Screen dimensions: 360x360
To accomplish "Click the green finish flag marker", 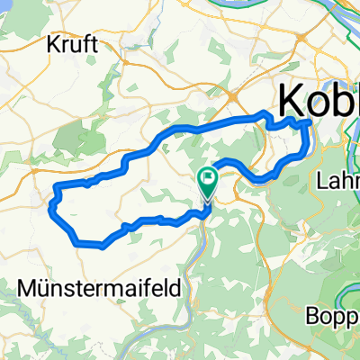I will tap(208, 182).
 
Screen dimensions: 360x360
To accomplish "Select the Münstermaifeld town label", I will tap(99, 287).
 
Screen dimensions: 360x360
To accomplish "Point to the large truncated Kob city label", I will tap(319, 96).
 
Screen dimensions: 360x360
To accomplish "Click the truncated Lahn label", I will tap(338, 181).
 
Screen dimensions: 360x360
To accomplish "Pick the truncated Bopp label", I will tap(332, 316).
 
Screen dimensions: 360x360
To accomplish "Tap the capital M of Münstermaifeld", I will tap(27, 287).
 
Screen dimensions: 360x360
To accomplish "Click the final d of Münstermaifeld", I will tap(174, 287).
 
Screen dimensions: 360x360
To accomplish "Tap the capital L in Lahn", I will tap(323, 181).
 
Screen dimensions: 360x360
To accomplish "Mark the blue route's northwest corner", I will tap(57, 185).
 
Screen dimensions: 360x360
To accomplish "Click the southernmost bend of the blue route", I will tap(103, 244).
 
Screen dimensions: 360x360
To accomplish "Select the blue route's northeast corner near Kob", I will tap(309, 121).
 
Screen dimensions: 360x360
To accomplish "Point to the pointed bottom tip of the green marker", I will tap(208, 198).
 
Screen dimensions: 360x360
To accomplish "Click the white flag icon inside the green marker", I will tap(209, 178).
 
